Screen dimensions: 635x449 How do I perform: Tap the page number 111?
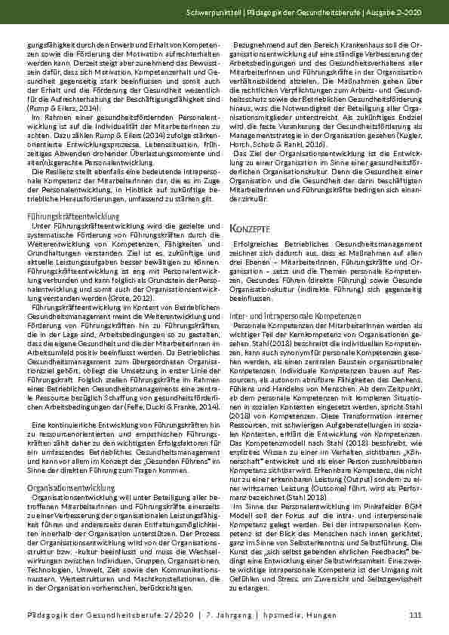click(414, 617)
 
